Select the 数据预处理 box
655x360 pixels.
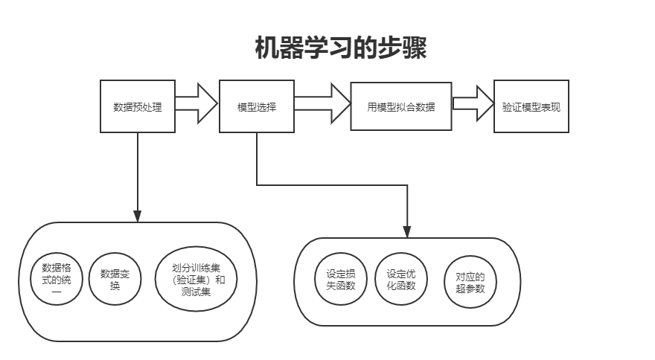tap(138, 106)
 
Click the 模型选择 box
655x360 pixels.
tap(257, 106)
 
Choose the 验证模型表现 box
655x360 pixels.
tap(531, 106)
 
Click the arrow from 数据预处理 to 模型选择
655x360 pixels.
tap(197, 105)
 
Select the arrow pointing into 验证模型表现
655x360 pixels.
tap(473, 103)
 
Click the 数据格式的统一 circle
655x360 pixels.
tap(54, 280)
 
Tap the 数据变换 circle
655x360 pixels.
tap(115, 280)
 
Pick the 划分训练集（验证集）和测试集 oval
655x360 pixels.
tap(196, 280)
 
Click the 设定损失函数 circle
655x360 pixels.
tap(341, 280)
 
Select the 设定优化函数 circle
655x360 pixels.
tap(401, 280)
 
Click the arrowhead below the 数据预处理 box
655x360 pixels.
tap(138, 216)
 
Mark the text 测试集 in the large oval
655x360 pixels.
tap(196, 292)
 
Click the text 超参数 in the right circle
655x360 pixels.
tap(470, 289)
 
